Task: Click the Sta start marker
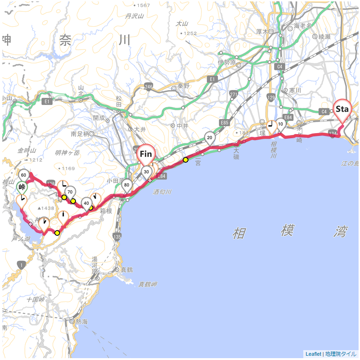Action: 342,109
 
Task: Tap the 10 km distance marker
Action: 280,124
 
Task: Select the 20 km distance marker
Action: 210,137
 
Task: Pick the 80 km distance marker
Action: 127,184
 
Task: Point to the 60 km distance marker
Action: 23,175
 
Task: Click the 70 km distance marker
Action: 70,192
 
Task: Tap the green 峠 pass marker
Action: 22,187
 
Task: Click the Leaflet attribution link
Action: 313,354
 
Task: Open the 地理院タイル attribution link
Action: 341,354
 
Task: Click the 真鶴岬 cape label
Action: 148,284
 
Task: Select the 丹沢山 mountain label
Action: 135,16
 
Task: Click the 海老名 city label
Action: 303,26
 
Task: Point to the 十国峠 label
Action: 36,299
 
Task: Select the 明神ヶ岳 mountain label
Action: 67,153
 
